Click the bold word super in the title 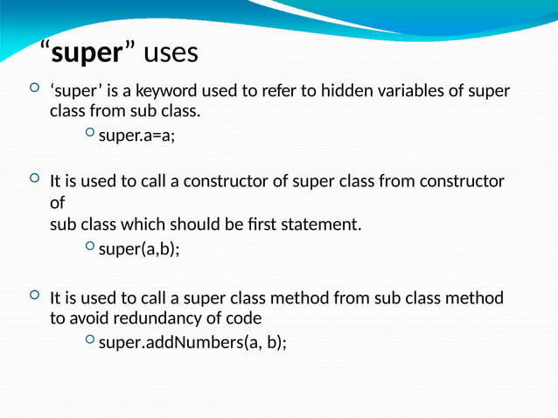click(x=86, y=53)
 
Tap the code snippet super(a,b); click(x=139, y=249)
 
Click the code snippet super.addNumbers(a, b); click(x=192, y=342)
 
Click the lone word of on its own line click(x=57, y=203)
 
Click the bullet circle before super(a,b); click(x=90, y=248)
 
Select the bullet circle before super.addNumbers click(x=90, y=341)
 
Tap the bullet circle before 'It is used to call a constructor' click(x=33, y=179)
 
